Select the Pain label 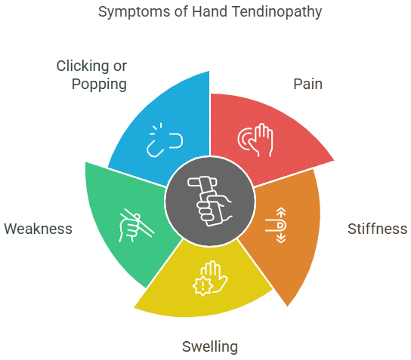click(307, 83)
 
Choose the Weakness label click(39, 229)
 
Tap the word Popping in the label click(99, 83)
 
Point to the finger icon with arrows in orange click(279, 224)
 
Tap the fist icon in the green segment click(131, 224)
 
